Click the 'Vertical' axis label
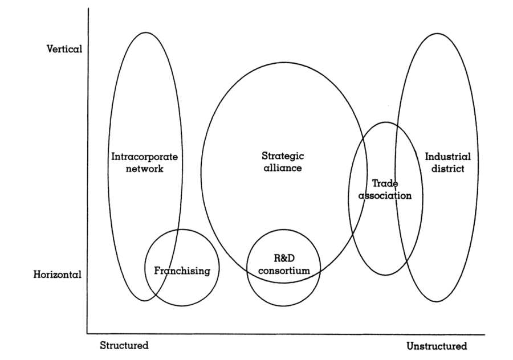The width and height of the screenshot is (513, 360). click(x=64, y=49)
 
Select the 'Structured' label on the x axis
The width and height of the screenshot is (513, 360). click(x=124, y=346)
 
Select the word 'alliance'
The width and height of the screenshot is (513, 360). click(x=283, y=169)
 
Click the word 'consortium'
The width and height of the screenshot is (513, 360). click(x=284, y=271)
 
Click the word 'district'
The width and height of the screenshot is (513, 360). click(x=448, y=169)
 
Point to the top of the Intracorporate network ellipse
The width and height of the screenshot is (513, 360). click(x=145, y=32)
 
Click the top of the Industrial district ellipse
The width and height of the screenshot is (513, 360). click(x=437, y=34)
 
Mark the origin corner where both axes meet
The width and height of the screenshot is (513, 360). click(x=87, y=333)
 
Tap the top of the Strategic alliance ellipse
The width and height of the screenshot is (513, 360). click(x=283, y=62)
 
